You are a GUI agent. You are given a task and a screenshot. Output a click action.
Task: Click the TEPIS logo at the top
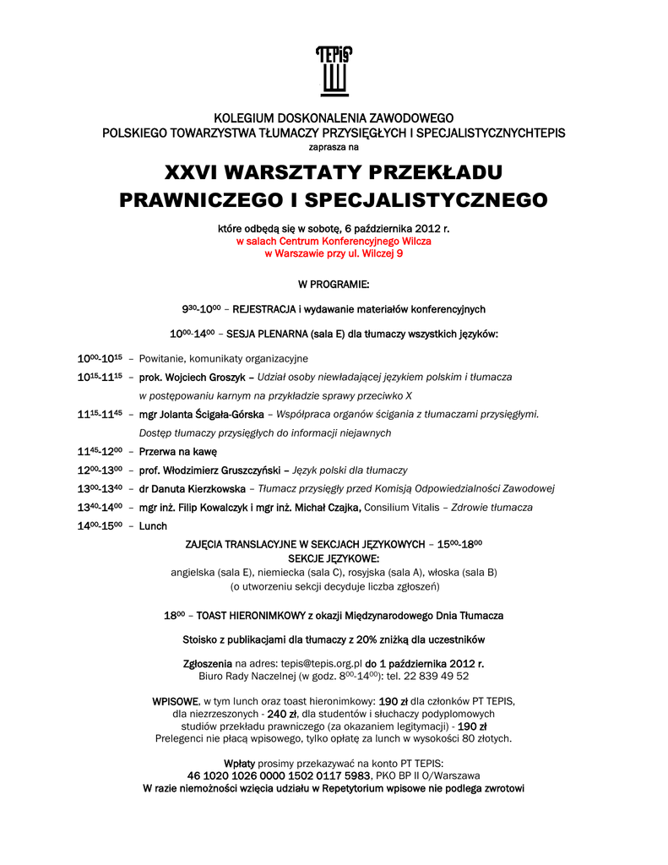tap(334, 71)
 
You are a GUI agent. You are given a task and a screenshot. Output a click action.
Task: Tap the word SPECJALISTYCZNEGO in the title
tap(425, 200)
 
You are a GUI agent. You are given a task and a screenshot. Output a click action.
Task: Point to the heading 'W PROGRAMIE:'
tap(334, 285)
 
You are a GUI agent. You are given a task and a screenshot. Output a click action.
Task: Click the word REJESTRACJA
tap(269, 309)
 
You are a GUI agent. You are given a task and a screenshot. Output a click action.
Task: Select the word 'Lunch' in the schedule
tap(153, 525)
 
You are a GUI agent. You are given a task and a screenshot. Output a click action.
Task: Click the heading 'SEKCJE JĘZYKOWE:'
tap(334, 558)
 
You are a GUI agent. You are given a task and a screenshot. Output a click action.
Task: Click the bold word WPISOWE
tap(175, 701)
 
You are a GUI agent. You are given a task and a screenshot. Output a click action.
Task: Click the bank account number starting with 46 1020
tap(279, 775)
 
